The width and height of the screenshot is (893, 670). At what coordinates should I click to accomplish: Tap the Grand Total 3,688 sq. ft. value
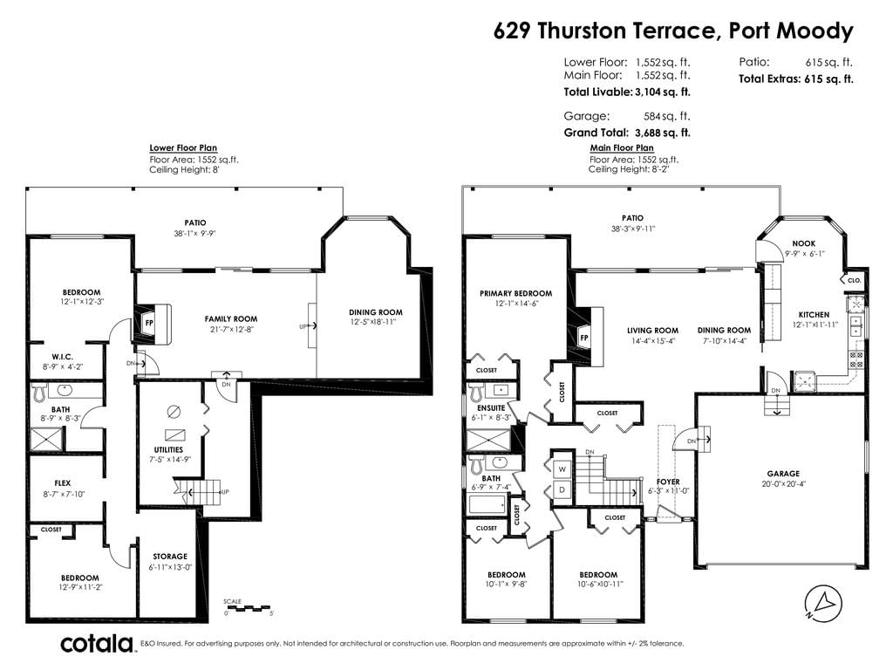pos(663,133)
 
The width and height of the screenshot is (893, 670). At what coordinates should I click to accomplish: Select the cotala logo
pos(96,644)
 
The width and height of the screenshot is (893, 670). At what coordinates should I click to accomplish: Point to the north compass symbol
pos(823,604)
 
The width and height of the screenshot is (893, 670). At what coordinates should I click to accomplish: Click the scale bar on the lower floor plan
pos(249,608)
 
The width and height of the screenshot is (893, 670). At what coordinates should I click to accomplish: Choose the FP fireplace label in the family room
pos(149,323)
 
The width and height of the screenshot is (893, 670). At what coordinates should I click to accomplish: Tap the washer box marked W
pos(562,469)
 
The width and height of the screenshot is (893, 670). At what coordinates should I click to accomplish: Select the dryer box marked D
pos(562,489)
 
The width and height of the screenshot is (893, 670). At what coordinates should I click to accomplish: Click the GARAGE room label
pos(783,474)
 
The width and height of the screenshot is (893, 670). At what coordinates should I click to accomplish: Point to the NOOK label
pos(803,243)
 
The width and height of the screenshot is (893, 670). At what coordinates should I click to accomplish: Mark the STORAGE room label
pos(170,557)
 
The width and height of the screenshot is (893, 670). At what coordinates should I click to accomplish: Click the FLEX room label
pos(63,483)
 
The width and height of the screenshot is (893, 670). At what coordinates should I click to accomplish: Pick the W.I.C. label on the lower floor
pos(62,357)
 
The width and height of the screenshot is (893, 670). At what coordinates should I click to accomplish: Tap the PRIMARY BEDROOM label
pos(516,293)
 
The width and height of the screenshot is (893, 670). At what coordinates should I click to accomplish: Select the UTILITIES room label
pos(168,449)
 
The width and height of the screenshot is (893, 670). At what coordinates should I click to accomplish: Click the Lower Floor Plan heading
pos(183,148)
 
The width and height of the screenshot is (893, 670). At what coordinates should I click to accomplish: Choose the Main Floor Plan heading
pos(622,148)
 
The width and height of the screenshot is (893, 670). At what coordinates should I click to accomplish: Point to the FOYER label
pos(668,482)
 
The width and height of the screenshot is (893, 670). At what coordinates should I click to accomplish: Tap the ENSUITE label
pos(491,408)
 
